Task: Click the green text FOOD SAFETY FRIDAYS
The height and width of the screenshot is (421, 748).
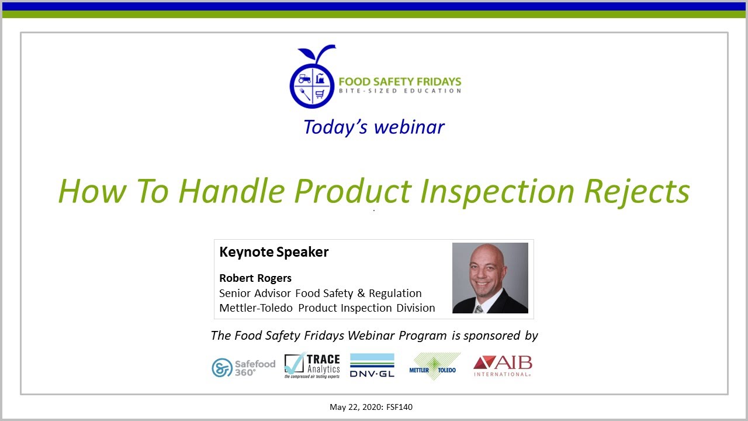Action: [x=400, y=81]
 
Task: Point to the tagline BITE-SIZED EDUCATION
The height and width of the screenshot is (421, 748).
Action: [x=400, y=91]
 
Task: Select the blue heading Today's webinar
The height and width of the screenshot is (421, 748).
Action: [x=373, y=127]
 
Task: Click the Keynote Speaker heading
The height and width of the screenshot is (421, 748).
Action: [x=273, y=252]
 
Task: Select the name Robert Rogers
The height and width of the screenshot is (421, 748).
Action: [x=255, y=278]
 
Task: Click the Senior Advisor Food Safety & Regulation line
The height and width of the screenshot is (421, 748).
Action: [x=320, y=293]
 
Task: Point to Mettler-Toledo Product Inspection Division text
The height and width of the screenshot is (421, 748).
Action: [x=327, y=308]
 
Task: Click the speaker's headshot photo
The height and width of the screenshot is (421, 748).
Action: [x=490, y=278]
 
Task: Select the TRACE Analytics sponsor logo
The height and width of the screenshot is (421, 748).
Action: [x=312, y=366]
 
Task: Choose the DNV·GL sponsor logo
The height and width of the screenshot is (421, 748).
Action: [x=372, y=365]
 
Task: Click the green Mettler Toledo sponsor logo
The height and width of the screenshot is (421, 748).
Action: [x=434, y=367]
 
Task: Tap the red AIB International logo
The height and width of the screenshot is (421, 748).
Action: [x=503, y=366]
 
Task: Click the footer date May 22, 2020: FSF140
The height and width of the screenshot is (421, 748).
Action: [x=370, y=407]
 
